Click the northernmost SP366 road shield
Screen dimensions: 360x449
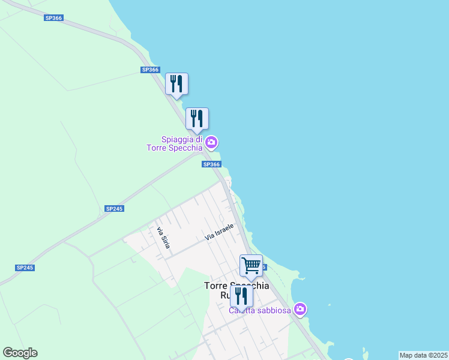[x=53, y=18]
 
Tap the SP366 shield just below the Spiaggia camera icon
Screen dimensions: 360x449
[x=211, y=164]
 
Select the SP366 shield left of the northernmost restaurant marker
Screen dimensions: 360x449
[x=150, y=70]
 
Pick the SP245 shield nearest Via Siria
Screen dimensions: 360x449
[x=113, y=208]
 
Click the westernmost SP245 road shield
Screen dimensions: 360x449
[x=25, y=268]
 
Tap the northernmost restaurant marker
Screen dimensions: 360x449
[x=176, y=83]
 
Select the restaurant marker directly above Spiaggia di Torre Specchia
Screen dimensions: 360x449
[x=197, y=118]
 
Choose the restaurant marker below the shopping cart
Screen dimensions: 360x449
[x=241, y=296]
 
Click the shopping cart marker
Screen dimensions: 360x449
[x=251, y=265]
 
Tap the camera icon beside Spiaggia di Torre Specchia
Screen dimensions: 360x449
[x=211, y=142]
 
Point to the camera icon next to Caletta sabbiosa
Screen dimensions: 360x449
[x=300, y=310]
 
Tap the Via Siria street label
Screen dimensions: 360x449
[x=163, y=238]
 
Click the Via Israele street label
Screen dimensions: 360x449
[x=218, y=232]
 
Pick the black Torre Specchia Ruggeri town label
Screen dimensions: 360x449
[x=237, y=286]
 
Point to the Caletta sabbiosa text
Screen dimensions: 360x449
[x=259, y=310]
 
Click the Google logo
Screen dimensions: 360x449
[x=20, y=353]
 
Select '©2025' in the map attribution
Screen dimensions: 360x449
[x=437, y=355]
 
